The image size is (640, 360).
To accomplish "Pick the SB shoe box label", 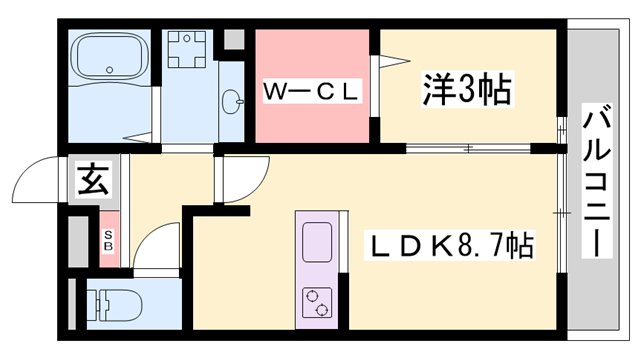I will (109, 241).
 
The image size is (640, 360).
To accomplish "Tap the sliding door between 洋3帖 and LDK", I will (470, 150).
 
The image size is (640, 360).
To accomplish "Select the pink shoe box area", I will (109, 240).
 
